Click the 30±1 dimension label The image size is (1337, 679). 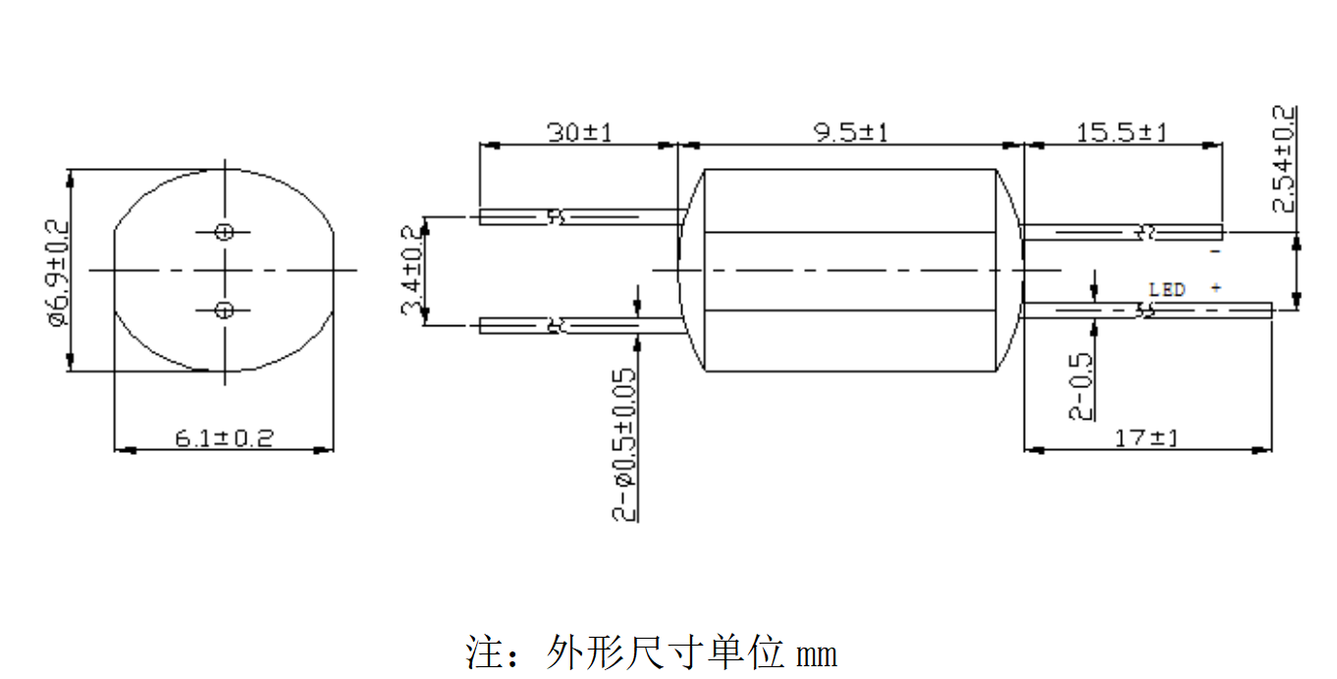[579, 133]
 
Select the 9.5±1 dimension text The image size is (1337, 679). [850, 133]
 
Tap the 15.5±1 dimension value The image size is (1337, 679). [1122, 133]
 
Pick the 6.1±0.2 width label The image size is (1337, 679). [224, 438]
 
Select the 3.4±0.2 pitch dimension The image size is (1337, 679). [411, 269]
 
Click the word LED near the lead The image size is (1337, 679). [1167, 290]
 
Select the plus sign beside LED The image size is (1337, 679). [1216, 288]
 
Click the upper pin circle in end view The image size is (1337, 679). [225, 232]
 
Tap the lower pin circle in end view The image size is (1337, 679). [225, 311]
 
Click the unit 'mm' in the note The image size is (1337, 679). [817, 652]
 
